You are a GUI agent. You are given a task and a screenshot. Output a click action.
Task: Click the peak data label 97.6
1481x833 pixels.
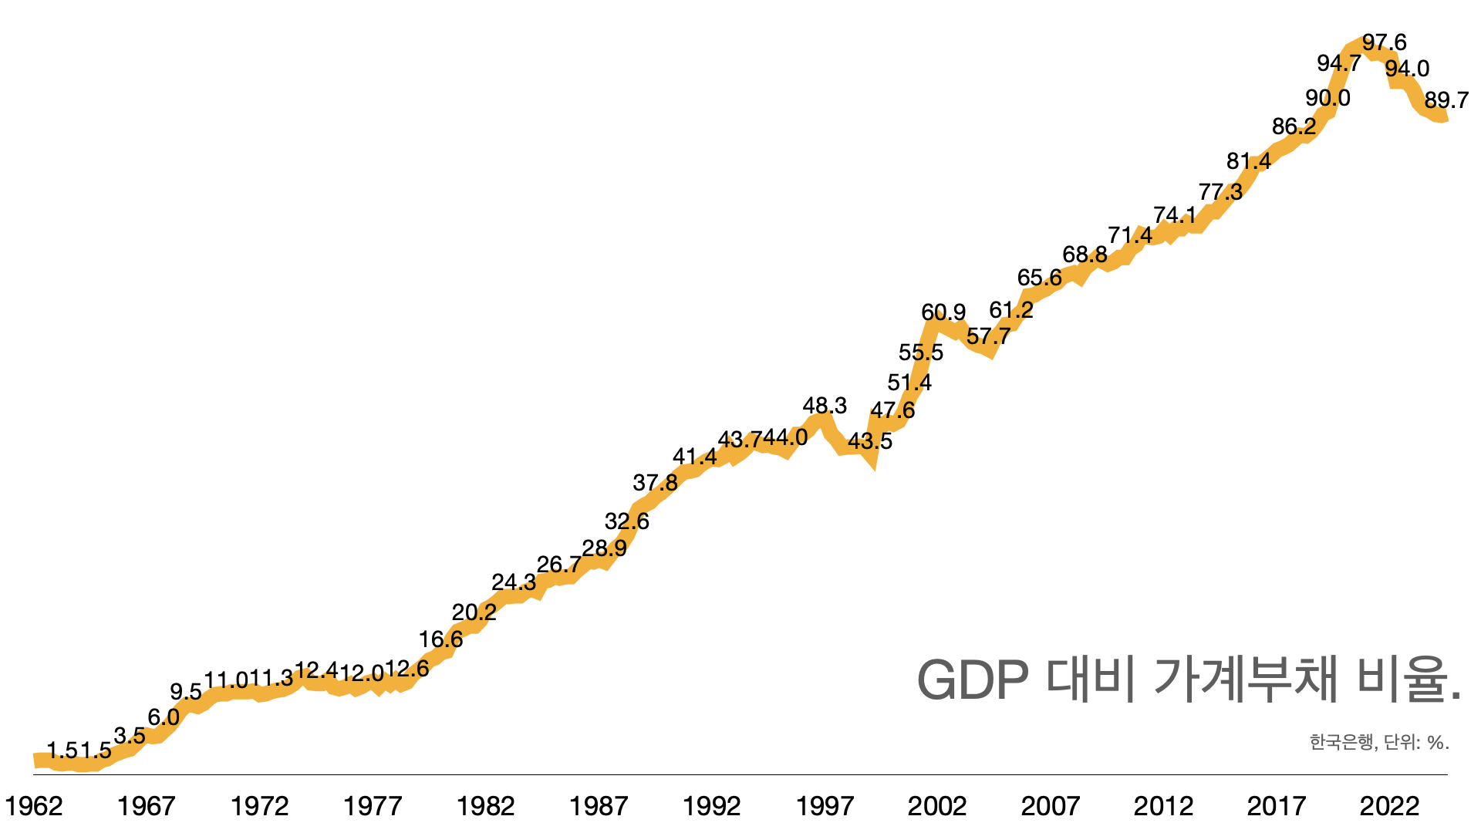pyautogui.click(x=1384, y=42)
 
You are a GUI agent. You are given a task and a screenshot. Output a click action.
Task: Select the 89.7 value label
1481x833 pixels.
pyautogui.click(x=1446, y=100)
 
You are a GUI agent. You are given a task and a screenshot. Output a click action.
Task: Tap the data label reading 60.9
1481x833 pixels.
pyautogui.click(x=943, y=312)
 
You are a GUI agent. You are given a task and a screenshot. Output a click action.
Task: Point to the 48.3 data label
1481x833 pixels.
pyautogui.click(x=825, y=406)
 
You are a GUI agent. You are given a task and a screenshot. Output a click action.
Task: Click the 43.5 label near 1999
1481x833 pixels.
pyautogui.click(x=870, y=441)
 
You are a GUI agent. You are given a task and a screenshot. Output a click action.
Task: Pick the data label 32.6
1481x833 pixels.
pyautogui.click(x=627, y=521)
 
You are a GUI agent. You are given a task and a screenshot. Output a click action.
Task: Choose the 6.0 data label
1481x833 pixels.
pyautogui.click(x=164, y=717)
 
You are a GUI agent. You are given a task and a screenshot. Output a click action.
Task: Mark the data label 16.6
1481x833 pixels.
pyautogui.click(x=440, y=639)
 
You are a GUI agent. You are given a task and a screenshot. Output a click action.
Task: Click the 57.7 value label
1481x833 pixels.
pyautogui.click(x=988, y=336)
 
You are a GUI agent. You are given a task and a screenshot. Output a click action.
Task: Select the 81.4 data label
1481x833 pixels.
pyautogui.click(x=1249, y=161)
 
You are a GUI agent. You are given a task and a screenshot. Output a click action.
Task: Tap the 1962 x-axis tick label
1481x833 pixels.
pyautogui.click(x=33, y=807)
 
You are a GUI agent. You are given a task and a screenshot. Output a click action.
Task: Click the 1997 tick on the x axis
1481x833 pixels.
pyautogui.click(x=825, y=807)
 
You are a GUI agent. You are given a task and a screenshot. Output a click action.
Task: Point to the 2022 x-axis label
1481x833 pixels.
pyautogui.click(x=1389, y=807)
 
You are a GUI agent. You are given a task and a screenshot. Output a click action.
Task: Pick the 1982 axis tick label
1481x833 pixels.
pyautogui.click(x=485, y=807)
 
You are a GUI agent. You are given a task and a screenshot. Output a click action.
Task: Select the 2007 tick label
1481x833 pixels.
pyautogui.click(x=1050, y=807)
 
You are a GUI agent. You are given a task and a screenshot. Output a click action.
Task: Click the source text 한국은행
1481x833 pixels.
pyautogui.click(x=1341, y=742)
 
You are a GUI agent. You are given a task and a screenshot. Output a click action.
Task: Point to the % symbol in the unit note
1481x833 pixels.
pyautogui.click(x=1435, y=742)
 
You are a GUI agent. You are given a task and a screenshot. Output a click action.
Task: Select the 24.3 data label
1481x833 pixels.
pyautogui.click(x=514, y=582)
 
